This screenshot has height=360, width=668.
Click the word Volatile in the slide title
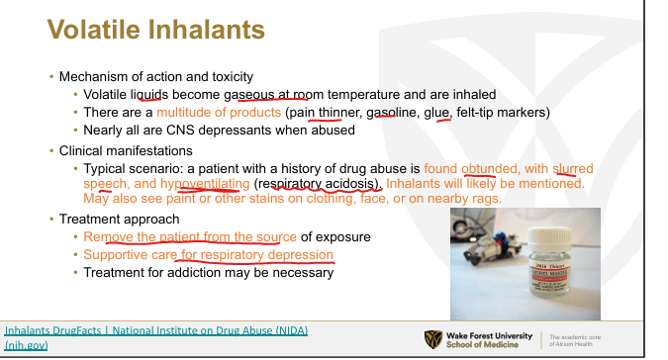pyautogui.click(x=94, y=30)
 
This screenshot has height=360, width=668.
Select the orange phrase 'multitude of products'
pyautogui.click(x=219, y=113)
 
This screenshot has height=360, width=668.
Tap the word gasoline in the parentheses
pyautogui.click(x=391, y=113)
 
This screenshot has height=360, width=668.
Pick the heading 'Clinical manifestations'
pyautogui.click(x=126, y=151)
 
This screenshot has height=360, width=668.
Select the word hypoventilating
pyautogui.click(x=205, y=184)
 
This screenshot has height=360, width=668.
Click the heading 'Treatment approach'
pyautogui.click(x=120, y=220)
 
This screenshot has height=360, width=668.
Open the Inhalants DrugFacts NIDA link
pyautogui.click(x=156, y=337)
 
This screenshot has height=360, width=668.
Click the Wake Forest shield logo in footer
pyautogui.click(x=433, y=339)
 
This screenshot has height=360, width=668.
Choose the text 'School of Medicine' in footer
pyautogui.click(x=482, y=345)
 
